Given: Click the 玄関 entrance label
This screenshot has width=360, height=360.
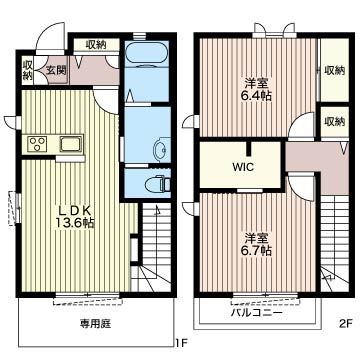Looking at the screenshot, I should pos(55,70).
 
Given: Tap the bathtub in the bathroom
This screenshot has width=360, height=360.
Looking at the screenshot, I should pos(151,55).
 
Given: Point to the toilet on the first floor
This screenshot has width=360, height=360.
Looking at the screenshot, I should pos(152,183).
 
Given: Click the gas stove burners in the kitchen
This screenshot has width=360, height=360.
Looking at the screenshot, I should pos(37,144).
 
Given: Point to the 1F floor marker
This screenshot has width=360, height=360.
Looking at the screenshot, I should pos(181,323).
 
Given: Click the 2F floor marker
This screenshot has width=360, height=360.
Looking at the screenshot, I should pos(345,323).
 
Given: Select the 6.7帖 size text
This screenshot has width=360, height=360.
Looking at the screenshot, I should pos(256,253).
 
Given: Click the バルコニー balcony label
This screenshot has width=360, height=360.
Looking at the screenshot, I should pos(256,311).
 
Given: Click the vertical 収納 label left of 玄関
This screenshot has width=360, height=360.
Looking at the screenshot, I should pos(27,70).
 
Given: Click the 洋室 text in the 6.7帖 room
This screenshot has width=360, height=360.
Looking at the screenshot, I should pos(256,237).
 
